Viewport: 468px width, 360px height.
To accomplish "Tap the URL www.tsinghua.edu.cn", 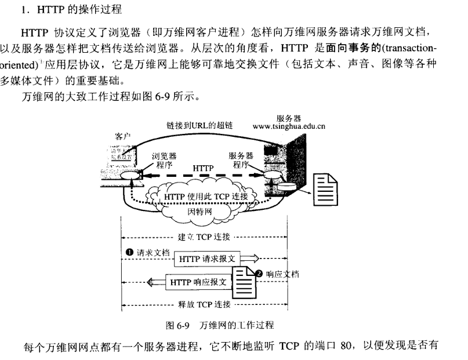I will point(289,125).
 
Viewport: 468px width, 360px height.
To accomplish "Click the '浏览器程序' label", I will point(164,160).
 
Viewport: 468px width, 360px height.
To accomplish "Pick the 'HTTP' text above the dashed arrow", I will point(203,168).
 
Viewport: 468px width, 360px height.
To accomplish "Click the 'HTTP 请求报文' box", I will point(206,259).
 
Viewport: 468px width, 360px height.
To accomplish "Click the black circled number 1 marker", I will point(130,252).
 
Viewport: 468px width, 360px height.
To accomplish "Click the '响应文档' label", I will point(282,274).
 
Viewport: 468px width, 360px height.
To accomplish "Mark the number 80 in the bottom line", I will point(347,347).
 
